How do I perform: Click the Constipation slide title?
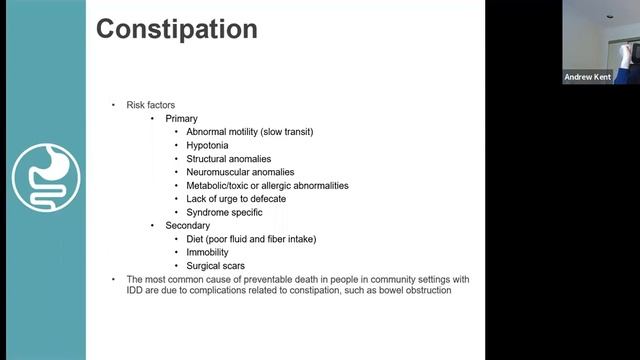point(176,29)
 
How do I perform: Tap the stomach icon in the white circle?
point(45,177)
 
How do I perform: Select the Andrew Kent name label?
point(589,77)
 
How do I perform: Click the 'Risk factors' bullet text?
point(152,105)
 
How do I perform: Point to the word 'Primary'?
point(182,118)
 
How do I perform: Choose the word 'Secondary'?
point(187,226)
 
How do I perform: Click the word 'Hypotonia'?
point(207,145)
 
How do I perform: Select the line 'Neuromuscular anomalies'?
point(240,172)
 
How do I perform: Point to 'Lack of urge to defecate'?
point(236,199)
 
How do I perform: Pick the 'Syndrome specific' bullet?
point(224,212)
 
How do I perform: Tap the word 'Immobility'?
point(207,253)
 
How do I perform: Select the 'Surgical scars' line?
point(214,266)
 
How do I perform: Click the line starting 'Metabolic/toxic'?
point(267,185)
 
